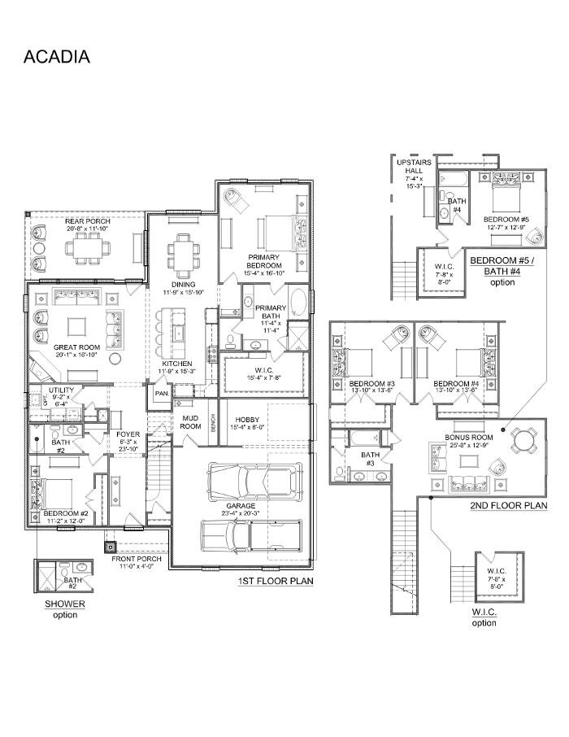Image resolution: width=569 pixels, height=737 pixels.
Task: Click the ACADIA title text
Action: (56, 57)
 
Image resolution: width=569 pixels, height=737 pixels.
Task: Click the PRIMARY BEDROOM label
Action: (265, 261)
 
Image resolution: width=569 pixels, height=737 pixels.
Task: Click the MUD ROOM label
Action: (190, 421)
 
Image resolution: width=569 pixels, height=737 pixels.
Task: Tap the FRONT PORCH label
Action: (138, 559)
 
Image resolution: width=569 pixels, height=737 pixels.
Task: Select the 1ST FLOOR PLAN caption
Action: (275, 582)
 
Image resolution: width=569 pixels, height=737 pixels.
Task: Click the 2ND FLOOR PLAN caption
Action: (508, 505)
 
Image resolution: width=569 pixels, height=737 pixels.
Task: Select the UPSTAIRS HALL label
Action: (414, 173)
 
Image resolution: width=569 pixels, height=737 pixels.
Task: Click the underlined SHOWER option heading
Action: (65, 604)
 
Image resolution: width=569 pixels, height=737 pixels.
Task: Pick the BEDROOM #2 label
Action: (60, 514)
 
